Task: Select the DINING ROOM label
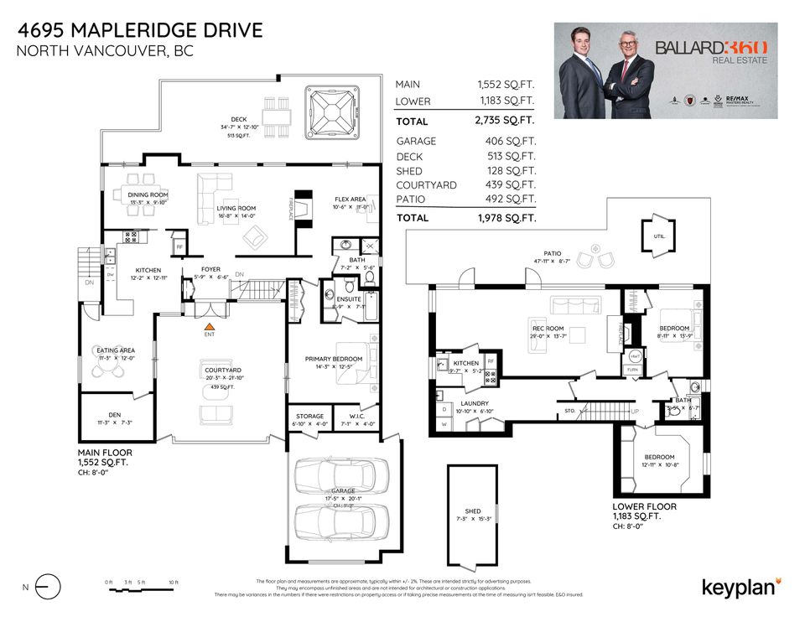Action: coord(148,194)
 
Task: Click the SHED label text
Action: coord(472,512)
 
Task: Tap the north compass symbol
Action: coord(49,586)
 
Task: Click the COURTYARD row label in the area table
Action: coord(426,184)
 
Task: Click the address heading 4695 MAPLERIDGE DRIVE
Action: coord(139,31)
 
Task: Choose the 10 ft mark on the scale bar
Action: coord(173,582)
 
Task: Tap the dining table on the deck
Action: coord(276,110)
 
